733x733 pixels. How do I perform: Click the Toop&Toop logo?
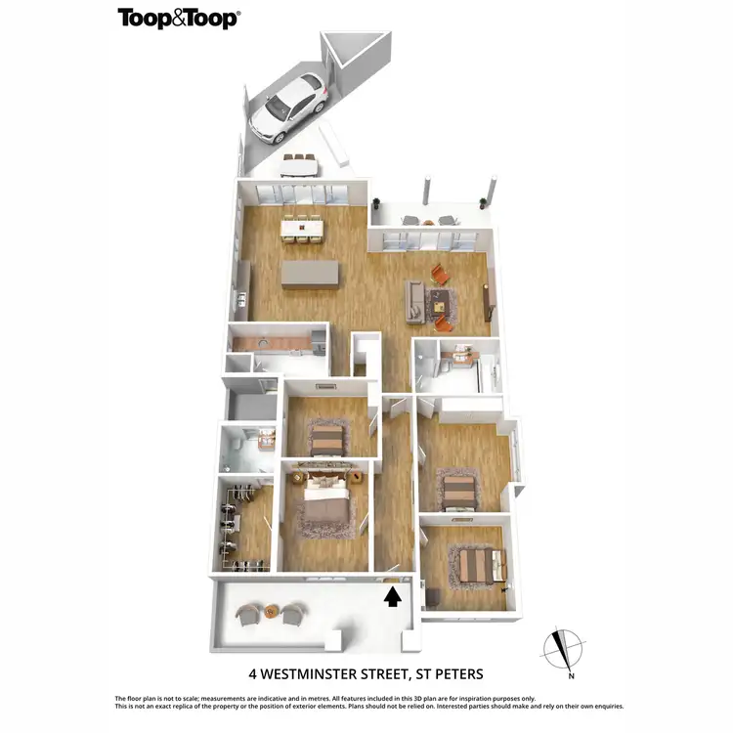coord(178,19)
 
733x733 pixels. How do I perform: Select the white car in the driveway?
coord(286,105)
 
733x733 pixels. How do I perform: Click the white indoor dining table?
coord(301,228)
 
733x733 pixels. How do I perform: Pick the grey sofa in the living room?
coord(415,301)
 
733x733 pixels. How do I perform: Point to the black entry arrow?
coord(393,596)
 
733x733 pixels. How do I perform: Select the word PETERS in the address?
coord(457,673)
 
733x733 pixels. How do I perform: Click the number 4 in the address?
coord(253,673)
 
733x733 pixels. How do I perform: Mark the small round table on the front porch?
coord(272,613)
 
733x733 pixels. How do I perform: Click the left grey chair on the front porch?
coord(248,613)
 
